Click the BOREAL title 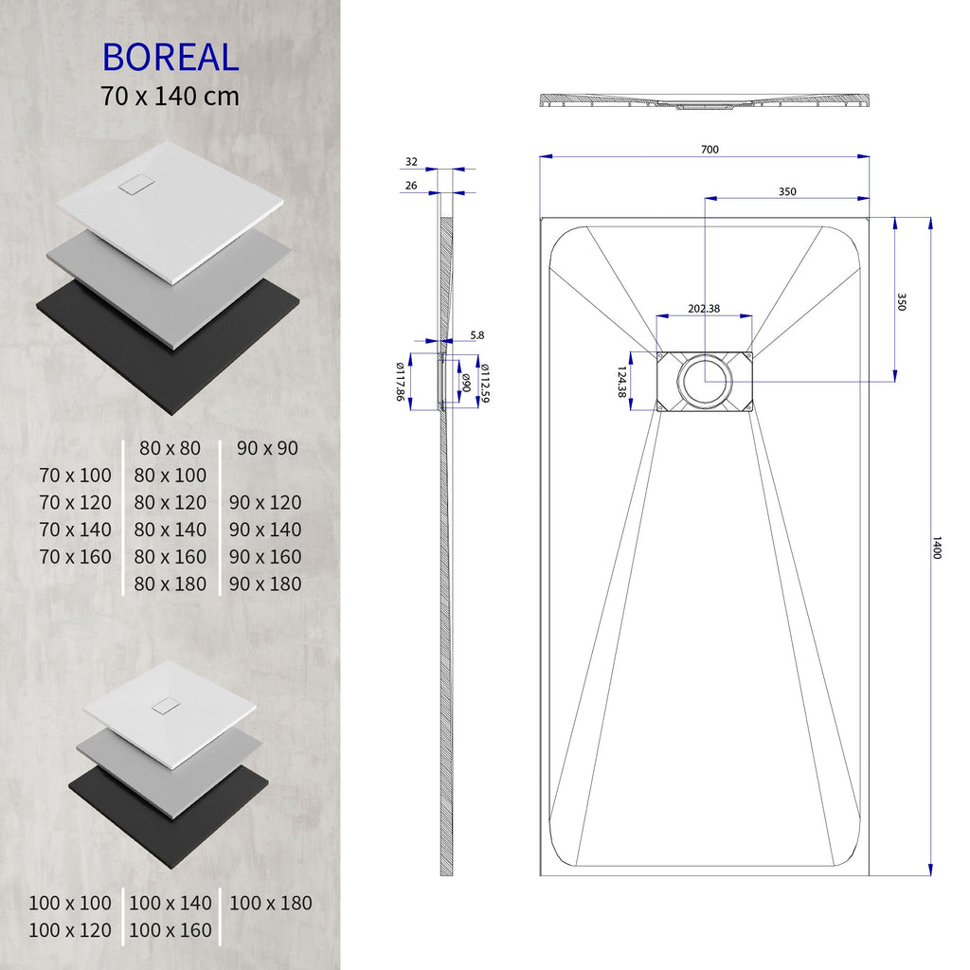coord(171,57)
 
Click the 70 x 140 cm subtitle coord(171,96)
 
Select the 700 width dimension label coord(710,149)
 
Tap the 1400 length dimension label coord(937,548)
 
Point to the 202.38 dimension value coord(704,308)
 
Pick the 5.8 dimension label coord(476,335)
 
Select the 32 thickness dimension coord(411,162)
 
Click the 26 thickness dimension coord(411,186)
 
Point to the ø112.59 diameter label coord(484,383)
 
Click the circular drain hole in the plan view coord(704,381)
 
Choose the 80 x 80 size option coord(170,448)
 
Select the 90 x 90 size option coord(267,448)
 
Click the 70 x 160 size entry coord(76,557)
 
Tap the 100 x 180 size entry coord(270,903)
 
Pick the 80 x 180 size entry coord(170,584)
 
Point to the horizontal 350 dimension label coord(787,191)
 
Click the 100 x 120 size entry coord(69,930)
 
